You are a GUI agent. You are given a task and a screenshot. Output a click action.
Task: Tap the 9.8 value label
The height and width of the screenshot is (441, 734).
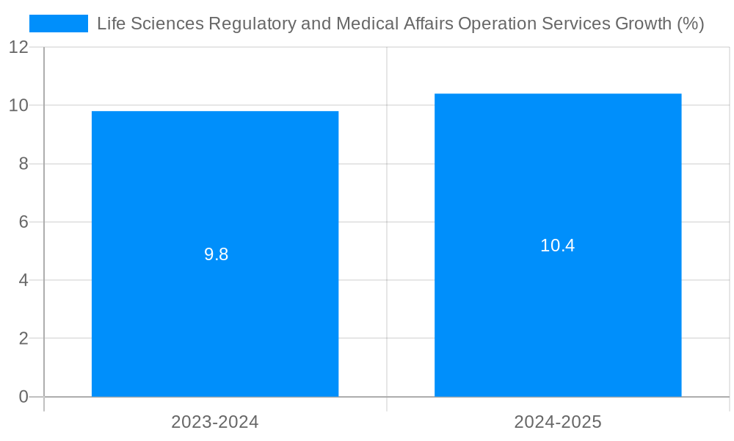point(216,254)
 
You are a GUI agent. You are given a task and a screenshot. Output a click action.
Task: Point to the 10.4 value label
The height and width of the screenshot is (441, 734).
point(557,245)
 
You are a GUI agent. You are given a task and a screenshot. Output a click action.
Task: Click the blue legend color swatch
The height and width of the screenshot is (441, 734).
point(58,24)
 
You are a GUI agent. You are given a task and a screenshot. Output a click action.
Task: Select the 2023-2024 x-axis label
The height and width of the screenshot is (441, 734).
point(215,422)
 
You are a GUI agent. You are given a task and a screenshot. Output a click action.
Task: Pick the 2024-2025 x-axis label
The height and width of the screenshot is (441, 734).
point(558,422)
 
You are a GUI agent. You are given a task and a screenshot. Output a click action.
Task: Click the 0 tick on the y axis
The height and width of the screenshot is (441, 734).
point(23,397)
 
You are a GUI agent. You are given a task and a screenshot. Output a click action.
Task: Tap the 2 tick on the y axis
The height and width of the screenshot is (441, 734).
point(23,339)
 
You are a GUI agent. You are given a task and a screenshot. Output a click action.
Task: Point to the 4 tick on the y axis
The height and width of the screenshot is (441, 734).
point(23,280)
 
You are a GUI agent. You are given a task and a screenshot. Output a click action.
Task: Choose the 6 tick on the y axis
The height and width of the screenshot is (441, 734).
point(23,222)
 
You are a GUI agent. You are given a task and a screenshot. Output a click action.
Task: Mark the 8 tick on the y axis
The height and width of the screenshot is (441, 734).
point(23,164)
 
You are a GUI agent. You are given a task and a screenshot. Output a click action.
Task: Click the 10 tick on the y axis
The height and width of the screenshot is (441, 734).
point(18,105)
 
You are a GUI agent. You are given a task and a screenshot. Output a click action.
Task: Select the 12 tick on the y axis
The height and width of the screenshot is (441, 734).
point(18,47)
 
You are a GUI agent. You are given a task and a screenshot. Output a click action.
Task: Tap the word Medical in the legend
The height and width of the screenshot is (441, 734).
point(367,24)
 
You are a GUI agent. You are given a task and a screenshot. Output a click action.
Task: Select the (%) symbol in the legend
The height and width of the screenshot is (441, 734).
point(690,24)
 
